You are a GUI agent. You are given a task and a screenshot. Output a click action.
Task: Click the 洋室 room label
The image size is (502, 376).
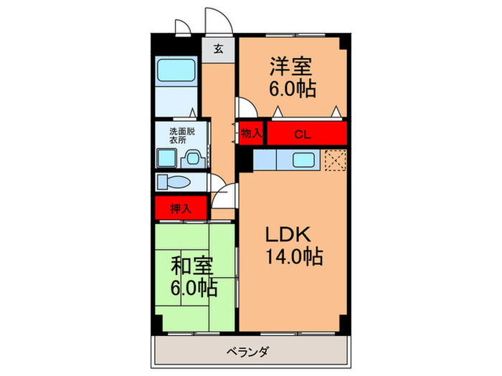(290, 66)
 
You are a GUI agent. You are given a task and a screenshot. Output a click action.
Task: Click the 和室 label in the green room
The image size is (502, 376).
(191, 266)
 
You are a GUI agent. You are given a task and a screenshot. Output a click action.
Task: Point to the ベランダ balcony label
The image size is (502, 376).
(247, 352)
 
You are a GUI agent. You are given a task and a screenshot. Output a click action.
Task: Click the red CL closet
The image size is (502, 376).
(302, 133)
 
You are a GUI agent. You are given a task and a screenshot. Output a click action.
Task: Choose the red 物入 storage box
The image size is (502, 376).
(250, 133)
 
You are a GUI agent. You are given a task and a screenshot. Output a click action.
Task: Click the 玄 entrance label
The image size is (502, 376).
(217, 49)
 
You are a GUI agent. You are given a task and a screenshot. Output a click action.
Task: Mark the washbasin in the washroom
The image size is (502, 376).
(188, 158)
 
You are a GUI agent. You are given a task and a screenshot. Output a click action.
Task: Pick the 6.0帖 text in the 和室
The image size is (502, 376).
(194, 289)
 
